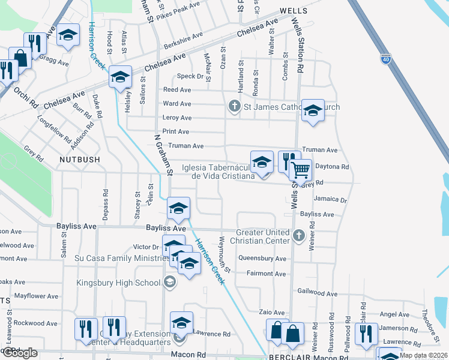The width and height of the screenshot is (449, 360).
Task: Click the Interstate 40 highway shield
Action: (x=385, y=59)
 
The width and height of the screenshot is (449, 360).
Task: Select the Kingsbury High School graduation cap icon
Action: (x=170, y=283)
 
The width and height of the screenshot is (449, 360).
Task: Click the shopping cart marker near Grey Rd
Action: (x=300, y=170)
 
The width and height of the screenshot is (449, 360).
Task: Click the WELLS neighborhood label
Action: (x=293, y=11)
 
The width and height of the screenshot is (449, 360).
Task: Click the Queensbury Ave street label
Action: (x=262, y=259)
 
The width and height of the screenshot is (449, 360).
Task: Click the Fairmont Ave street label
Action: (x=267, y=274)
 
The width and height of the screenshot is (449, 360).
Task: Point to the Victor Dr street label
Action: (x=146, y=247)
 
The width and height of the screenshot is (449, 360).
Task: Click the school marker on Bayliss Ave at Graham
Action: (x=178, y=208)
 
